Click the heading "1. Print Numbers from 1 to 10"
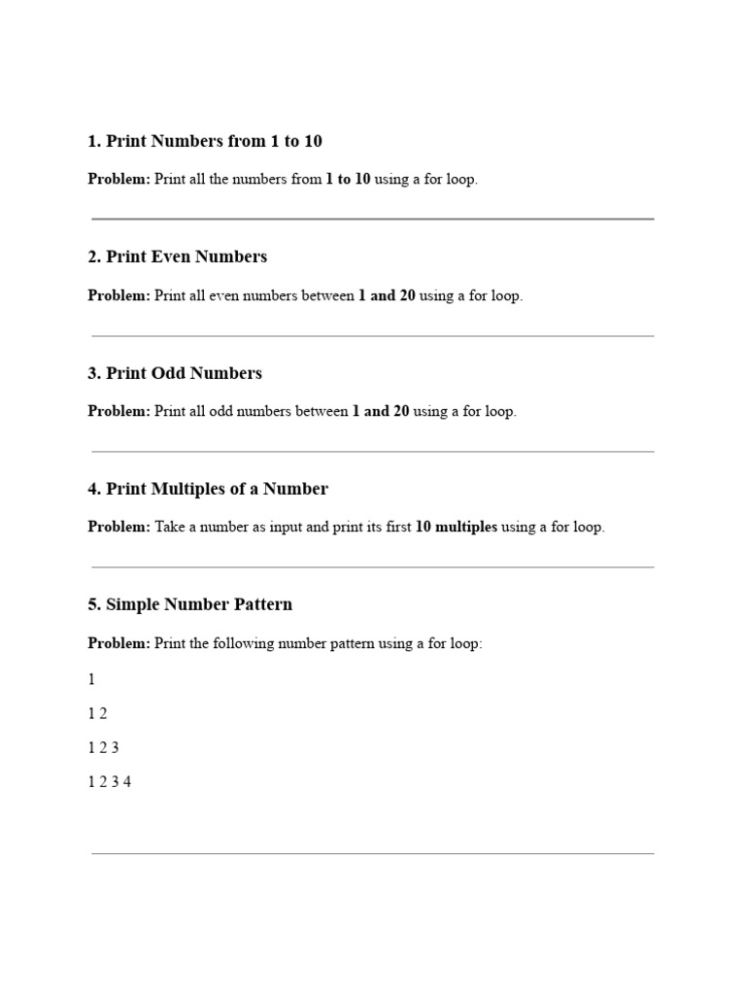click(x=205, y=142)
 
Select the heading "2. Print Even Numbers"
click(x=178, y=257)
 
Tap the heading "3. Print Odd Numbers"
click(x=175, y=374)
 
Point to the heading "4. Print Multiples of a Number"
click(x=208, y=490)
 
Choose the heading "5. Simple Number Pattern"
click(x=189, y=605)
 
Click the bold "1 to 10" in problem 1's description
click(x=348, y=181)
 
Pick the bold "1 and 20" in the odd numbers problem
click(x=381, y=412)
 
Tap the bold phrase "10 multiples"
click(x=457, y=528)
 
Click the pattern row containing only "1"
click(x=92, y=680)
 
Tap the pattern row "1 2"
click(x=97, y=714)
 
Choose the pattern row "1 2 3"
click(x=103, y=748)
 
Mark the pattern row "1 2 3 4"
click(x=110, y=782)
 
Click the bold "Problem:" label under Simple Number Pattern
click(x=119, y=643)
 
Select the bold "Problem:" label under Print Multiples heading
click(x=119, y=528)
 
